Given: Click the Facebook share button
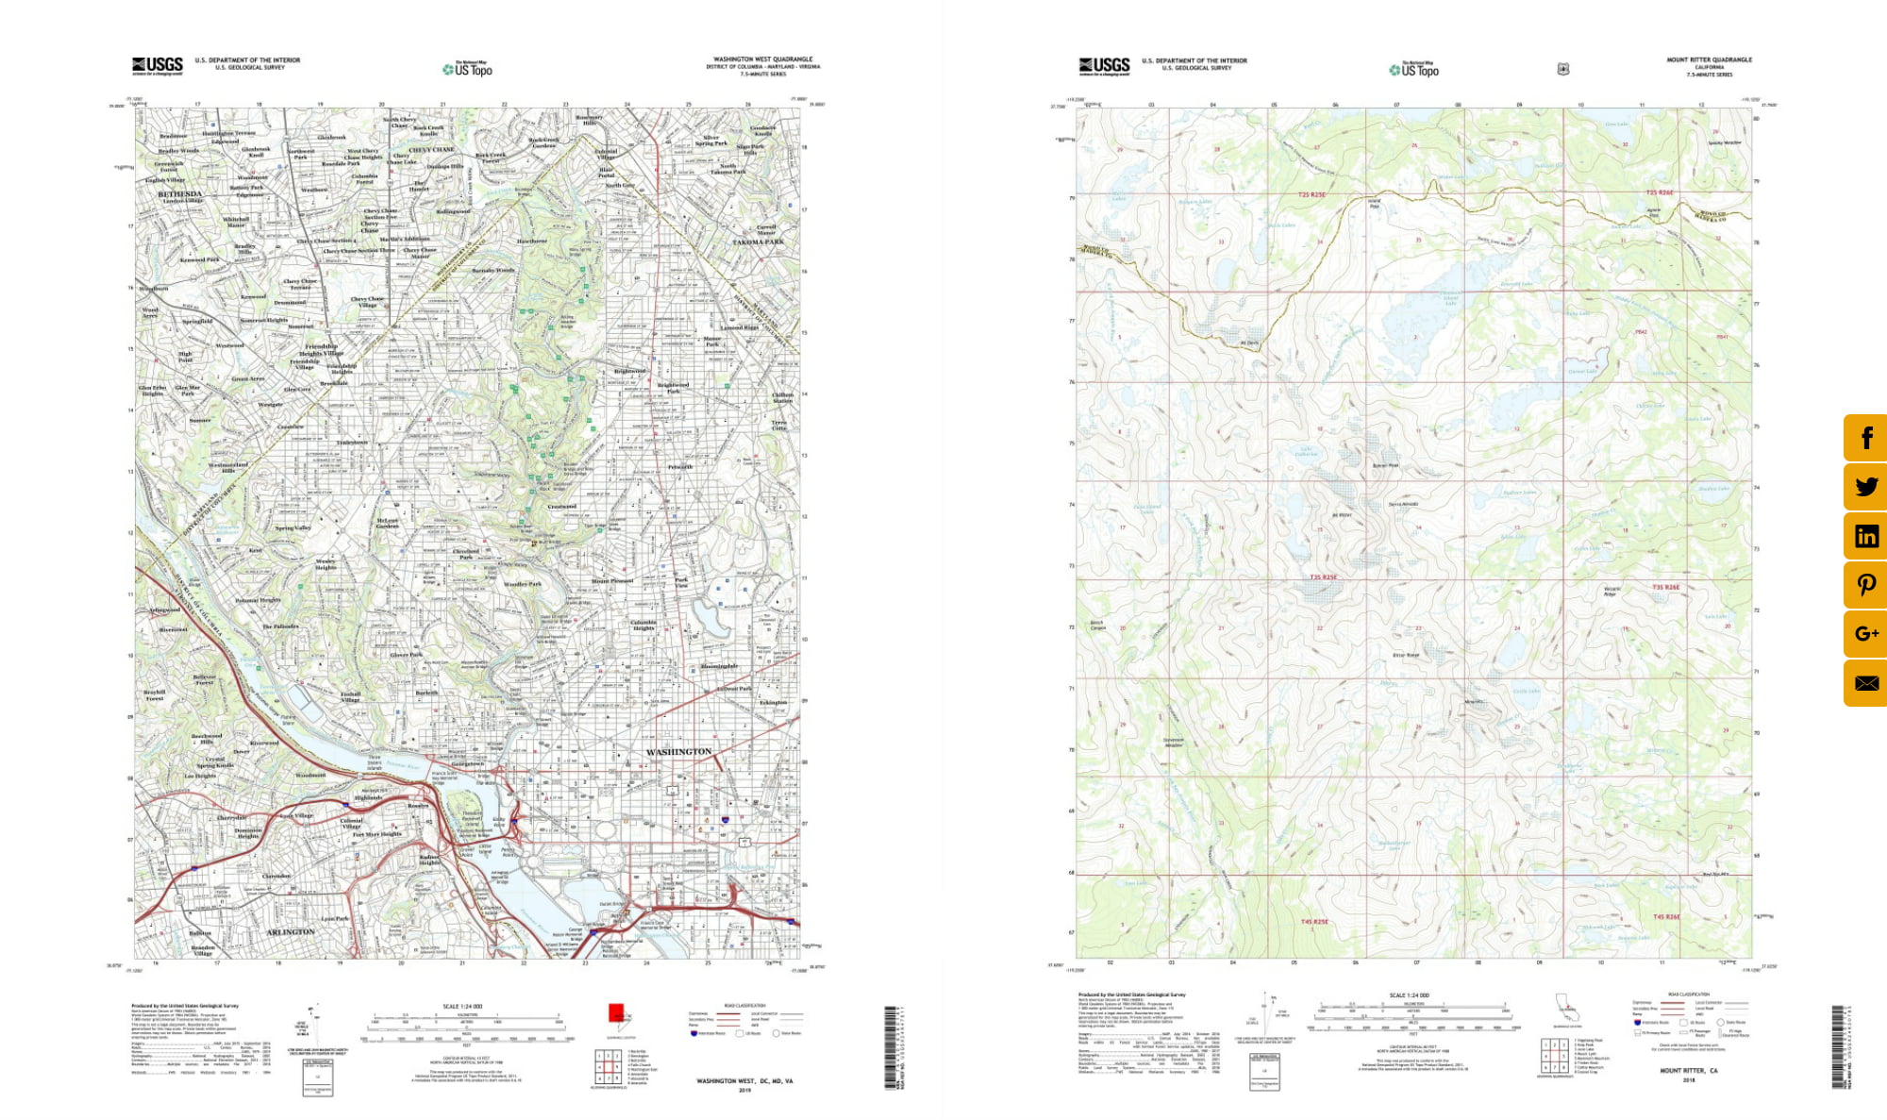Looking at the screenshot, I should (x=1865, y=438).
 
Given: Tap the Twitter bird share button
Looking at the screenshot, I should (x=1865, y=487).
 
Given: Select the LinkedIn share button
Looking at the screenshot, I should (x=1865, y=536).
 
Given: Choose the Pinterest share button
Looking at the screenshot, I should (x=1865, y=585).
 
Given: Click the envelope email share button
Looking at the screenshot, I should (x=1865, y=683).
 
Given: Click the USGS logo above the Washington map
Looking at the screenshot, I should (x=158, y=65).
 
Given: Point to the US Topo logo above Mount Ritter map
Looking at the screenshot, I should (x=1413, y=69).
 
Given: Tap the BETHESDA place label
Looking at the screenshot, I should (x=179, y=194).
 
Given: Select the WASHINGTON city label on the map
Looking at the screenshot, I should (x=678, y=752).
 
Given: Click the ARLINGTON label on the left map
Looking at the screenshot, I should (x=290, y=932).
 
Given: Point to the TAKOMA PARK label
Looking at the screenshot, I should (x=758, y=242).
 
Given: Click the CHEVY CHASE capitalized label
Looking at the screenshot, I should (x=431, y=150).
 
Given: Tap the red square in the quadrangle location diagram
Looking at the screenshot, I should (x=616, y=1012).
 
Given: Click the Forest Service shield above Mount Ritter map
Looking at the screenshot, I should (x=1563, y=69).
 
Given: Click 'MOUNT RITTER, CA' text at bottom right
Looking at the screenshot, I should (x=1688, y=1071).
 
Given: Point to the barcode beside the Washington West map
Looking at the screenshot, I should (x=890, y=1047).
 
